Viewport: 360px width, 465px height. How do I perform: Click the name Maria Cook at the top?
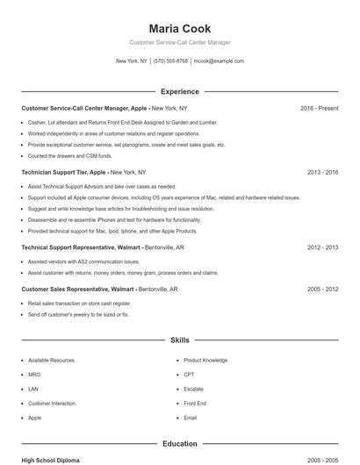[x=180, y=29]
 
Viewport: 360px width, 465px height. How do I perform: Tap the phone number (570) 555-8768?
[x=170, y=61]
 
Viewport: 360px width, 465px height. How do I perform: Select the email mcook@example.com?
[x=219, y=61]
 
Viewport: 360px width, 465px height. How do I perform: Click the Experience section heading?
[x=180, y=91]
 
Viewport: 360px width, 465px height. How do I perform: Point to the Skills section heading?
[x=180, y=340]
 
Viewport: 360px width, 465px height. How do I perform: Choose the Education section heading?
[x=180, y=444]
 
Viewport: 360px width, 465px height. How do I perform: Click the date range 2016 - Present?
[x=319, y=108]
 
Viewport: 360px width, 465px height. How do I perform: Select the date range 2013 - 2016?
[x=322, y=173]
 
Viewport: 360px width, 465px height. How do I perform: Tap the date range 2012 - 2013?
[x=322, y=248]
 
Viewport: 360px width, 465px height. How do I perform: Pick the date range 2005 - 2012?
[x=322, y=289]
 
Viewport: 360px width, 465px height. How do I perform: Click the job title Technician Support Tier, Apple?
[x=63, y=173]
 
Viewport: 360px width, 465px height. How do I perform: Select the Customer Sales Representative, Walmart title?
[x=77, y=289]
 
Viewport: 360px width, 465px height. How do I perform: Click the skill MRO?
[x=34, y=375]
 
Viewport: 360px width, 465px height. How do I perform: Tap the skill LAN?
[x=33, y=389]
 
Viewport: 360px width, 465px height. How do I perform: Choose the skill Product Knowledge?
[x=205, y=361]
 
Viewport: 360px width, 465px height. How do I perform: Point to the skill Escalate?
[x=193, y=389]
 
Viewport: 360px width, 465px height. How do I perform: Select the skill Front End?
[x=195, y=404]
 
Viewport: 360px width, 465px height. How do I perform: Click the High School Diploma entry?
[x=50, y=460]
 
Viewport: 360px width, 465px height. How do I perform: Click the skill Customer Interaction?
[x=52, y=404]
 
